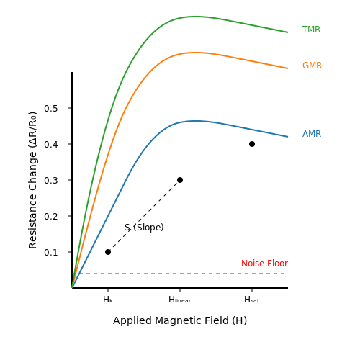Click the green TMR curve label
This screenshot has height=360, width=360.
pos(311,30)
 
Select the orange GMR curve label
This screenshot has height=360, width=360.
pos(312,66)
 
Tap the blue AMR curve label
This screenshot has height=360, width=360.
pos(312,134)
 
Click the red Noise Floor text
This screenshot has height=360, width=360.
pos(264,264)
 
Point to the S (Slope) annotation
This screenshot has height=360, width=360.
pos(144,227)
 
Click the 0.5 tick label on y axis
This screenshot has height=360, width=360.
pos(51,108)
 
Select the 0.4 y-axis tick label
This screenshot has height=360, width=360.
pos(51,144)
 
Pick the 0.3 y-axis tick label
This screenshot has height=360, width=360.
pos(51,180)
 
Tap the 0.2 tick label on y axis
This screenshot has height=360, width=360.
pos(51,216)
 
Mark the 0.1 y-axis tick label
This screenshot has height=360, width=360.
pos(51,252)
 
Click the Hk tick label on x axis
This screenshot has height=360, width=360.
pos(108,300)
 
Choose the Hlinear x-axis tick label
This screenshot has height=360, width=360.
pos(180,300)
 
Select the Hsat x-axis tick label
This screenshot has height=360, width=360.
pos(252,300)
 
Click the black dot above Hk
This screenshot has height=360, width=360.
pos(108,252)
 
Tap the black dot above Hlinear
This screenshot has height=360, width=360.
pos(180,180)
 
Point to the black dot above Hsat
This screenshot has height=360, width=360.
pos(252,144)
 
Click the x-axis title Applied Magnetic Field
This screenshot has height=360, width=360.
pos(180,320)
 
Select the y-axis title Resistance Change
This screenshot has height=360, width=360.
pos(32,180)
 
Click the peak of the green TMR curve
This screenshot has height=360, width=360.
pos(197,17)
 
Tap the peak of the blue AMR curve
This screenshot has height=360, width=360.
pos(197,121)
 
